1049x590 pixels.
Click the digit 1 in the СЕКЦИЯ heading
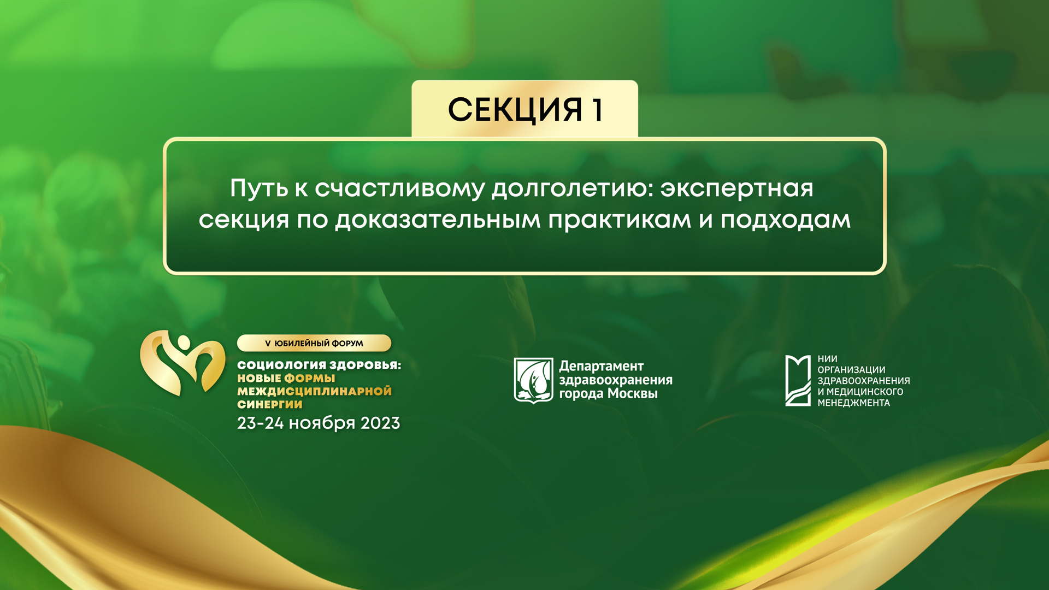tap(597, 110)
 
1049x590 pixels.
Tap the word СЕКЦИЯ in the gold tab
tap(515, 110)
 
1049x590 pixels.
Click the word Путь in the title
tap(258, 189)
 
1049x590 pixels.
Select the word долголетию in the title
tap(573, 189)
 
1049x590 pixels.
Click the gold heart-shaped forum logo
tap(182, 363)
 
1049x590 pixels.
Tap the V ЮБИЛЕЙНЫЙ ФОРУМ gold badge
tap(314, 343)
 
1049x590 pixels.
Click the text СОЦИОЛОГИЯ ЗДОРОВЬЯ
tap(319, 365)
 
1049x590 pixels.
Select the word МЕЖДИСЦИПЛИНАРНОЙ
tap(314, 391)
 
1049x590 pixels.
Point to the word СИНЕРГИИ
tap(269, 404)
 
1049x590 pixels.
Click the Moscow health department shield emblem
tap(533, 380)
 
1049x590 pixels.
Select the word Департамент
tap(601, 367)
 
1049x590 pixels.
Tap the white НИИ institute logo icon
tap(797, 380)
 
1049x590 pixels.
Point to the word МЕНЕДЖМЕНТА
tap(853, 403)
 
